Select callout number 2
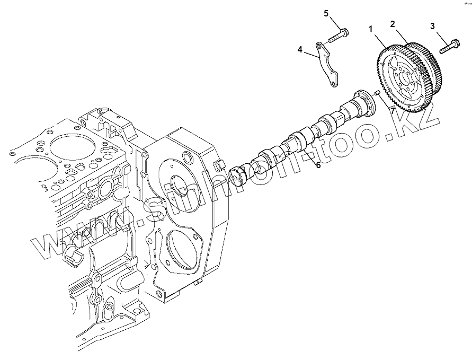coord(393,24)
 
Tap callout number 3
coord(432,25)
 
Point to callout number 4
coord(300,49)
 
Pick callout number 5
coord(326,13)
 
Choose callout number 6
coord(318,165)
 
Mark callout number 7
coord(393,110)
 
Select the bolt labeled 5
coord(336,37)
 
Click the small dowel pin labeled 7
coord(377,94)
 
